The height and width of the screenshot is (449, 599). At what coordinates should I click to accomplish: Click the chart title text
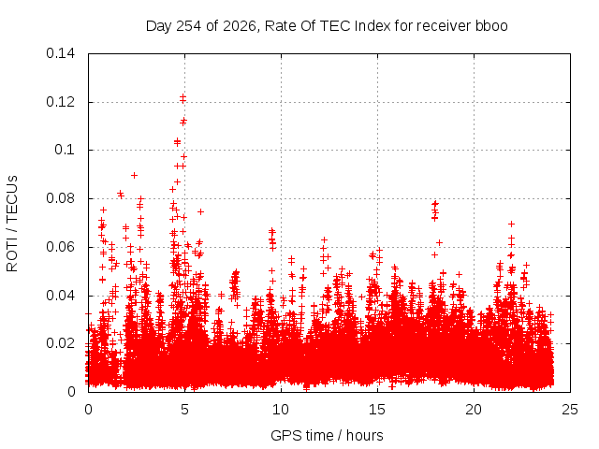[x=327, y=26]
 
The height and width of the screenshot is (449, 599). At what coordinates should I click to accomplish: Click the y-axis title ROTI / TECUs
[x=12, y=224]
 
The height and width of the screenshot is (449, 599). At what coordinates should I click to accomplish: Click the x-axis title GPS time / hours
[x=327, y=435]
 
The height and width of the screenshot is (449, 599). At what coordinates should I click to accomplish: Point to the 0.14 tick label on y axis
[x=60, y=53]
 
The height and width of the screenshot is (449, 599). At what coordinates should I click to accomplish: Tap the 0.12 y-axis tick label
[x=60, y=102]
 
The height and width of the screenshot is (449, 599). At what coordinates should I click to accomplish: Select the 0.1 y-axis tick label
[x=65, y=150]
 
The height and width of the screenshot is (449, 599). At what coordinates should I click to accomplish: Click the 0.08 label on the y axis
[x=60, y=198]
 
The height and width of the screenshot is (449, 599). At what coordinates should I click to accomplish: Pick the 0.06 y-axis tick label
[x=60, y=247]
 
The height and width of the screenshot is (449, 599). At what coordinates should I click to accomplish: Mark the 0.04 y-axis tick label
[x=60, y=296]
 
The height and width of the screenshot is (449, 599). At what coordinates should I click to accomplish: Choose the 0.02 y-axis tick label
[x=60, y=343]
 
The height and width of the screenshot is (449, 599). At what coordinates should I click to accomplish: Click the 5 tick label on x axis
[x=184, y=410]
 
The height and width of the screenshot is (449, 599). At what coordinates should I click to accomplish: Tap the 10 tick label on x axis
[x=281, y=410]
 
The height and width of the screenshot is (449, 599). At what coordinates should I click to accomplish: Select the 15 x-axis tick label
[x=377, y=410]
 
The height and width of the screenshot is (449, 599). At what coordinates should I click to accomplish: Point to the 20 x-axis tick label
[x=474, y=410]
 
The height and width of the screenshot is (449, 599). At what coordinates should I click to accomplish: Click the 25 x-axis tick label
[x=570, y=410]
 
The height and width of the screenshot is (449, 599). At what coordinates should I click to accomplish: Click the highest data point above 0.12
[x=183, y=98]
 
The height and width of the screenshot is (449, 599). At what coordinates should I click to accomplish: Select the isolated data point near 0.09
[x=134, y=175]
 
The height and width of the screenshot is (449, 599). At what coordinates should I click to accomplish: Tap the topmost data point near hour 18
[x=434, y=204]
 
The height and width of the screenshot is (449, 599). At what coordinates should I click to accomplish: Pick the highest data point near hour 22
[x=511, y=224]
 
